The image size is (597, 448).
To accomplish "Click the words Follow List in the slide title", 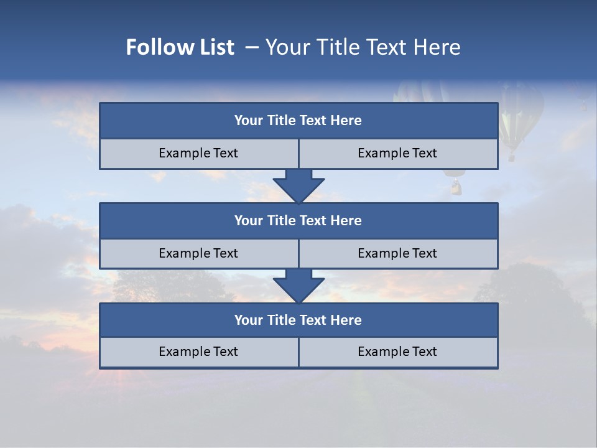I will click(180, 47).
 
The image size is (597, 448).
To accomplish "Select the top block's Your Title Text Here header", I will click(298, 121).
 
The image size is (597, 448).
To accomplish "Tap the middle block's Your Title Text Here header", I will click(298, 220).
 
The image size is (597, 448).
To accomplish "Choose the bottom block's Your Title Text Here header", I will click(298, 320).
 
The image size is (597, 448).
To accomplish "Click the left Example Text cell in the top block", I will click(198, 153).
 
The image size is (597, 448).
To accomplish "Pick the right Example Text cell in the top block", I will click(397, 153).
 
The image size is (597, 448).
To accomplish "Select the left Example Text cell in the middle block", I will click(198, 253).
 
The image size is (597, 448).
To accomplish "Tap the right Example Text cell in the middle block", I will click(397, 253).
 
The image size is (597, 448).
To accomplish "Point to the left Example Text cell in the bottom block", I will click(198, 352).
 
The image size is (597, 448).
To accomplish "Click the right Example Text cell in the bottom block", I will click(397, 352).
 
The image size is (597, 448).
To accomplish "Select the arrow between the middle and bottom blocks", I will click(298, 286).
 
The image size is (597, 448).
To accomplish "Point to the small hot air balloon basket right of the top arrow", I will click(456, 187).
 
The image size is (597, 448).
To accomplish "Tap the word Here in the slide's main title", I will click(438, 47).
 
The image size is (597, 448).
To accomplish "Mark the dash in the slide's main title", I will click(252, 47).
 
